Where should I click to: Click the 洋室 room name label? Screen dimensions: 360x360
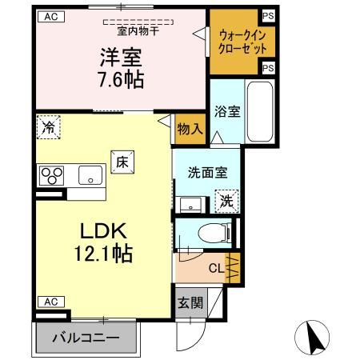122,58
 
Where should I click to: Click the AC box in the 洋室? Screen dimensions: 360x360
50,16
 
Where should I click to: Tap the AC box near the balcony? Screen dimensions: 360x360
50,302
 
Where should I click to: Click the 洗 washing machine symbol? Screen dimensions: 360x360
226,200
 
